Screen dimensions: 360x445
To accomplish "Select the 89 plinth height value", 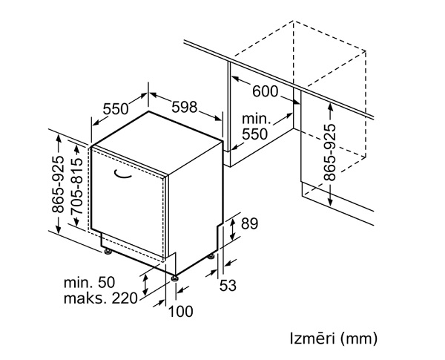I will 250,223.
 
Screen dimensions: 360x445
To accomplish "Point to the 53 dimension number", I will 228,284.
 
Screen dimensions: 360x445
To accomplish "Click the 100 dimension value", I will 180,311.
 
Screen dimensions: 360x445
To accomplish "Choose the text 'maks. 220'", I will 102,298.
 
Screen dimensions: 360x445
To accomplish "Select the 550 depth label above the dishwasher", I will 116,108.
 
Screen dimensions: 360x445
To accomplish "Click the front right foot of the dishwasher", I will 175,278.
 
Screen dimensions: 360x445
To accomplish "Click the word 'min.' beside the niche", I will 257,118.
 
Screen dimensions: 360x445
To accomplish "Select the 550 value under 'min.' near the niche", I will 255,134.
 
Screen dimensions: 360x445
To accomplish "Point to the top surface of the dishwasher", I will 158,141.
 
